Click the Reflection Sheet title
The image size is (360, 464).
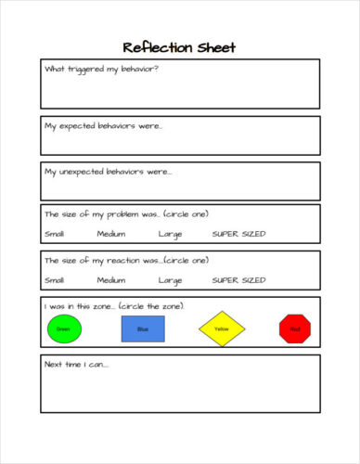click(x=179, y=47)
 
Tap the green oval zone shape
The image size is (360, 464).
click(x=63, y=329)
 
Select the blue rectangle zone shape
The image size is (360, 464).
click(x=142, y=329)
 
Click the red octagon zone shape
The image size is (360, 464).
click(x=295, y=329)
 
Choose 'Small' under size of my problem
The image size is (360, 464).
click(x=55, y=234)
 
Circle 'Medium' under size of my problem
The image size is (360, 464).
click(x=110, y=234)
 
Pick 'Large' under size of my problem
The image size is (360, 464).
click(x=170, y=234)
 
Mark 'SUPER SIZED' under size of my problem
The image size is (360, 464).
click(x=238, y=234)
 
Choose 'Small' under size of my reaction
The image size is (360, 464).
click(x=55, y=279)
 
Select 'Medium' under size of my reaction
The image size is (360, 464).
click(x=110, y=279)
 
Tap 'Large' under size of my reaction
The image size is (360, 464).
click(x=170, y=279)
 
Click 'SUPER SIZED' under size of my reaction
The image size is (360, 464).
click(x=238, y=279)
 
